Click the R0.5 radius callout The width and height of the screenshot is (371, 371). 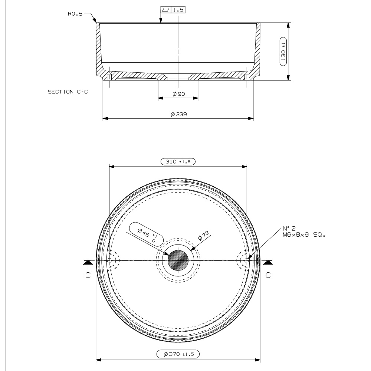(x=75, y=14)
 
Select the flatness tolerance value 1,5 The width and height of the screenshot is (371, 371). (x=178, y=10)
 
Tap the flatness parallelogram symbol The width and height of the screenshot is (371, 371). (x=166, y=10)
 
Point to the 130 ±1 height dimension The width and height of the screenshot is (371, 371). (x=283, y=52)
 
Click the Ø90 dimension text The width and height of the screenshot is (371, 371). (x=179, y=94)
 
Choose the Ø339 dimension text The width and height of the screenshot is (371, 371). (x=179, y=114)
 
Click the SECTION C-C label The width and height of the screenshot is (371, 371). (x=68, y=92)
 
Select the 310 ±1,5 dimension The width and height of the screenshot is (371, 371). (x=178, y=162)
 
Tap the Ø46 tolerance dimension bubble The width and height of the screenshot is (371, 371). (x=147, y=234)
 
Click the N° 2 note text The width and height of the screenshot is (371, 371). (x=289, y=228)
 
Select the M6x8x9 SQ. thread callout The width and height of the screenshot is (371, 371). (x=304, y=235)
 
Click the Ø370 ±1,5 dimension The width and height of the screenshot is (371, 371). (x=178, y=354)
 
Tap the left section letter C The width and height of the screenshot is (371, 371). (x=88, y=275)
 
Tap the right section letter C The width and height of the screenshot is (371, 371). (x=268, y=275)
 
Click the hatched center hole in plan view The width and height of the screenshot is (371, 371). (x=178, y=260)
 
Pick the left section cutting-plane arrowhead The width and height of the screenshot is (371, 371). (x=88, y=262)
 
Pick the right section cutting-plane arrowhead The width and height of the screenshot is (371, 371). (x=268, y=262)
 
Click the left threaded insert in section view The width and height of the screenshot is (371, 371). (x=109, y=77)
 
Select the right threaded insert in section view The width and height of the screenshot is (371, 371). (x=247, y=77)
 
